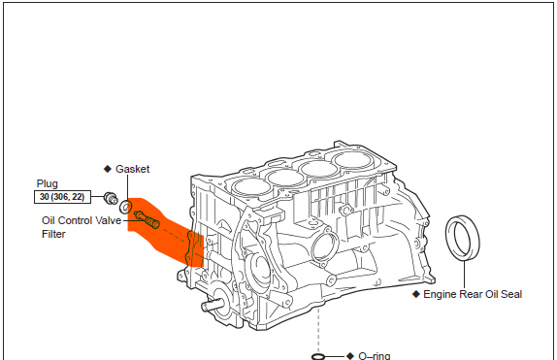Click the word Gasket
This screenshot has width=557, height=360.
pos(133,169)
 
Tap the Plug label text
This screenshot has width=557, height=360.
pos(48,183)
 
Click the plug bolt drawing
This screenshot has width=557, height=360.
pos(111,198)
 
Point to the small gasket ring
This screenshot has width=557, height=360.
pos(126,207)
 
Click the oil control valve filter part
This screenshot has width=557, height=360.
pos(147,219)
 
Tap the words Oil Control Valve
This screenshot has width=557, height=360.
pos(82,220)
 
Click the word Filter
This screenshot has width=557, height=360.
pos(53,234)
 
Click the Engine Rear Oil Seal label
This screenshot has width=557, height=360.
pos(473,294)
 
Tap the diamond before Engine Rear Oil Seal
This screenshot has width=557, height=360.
pos(416,294)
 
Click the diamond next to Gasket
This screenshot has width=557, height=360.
pos(108,169)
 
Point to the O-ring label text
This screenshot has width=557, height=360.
pos(375,355)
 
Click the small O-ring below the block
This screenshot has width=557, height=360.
pos(318,356)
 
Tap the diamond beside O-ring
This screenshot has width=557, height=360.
pos(350,356)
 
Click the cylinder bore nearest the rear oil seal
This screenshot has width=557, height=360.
pos(352,159)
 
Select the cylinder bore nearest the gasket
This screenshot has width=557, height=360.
pos(251,186)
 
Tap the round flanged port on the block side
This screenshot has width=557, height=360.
pos(325,246)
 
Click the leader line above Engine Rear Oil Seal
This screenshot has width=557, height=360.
pos(464,275)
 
